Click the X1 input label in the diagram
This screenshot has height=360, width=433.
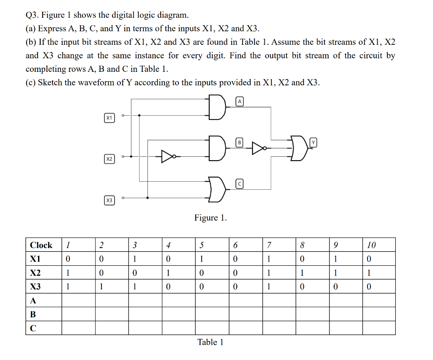[109, 118]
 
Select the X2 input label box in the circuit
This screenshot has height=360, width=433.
[109, 159]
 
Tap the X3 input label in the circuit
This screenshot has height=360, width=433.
[109, 200]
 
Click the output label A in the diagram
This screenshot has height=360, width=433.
[240, 101]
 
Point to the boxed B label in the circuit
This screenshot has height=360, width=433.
[239, 142]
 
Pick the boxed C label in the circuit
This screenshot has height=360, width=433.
[239, 183]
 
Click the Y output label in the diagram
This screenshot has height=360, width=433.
[313, 142]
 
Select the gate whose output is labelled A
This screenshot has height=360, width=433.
[217, 108]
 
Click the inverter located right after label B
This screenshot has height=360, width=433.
[258, 148]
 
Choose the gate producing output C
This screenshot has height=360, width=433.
[217, 190]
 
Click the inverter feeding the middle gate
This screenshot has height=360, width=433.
[168, 157]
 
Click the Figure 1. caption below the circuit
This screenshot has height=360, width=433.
[211, 218]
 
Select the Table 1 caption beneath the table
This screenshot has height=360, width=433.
[211, 342]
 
